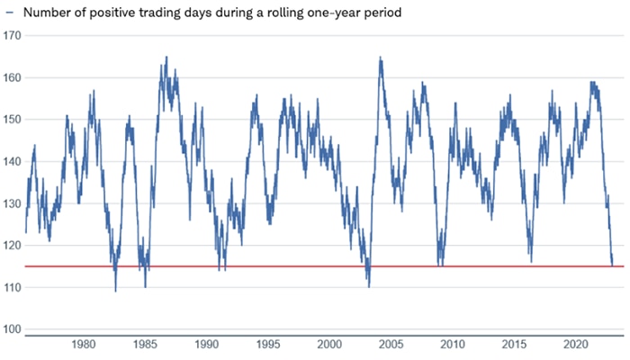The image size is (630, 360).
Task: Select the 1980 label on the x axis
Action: tap(84, 344)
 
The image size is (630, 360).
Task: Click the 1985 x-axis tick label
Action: tap(145, 344)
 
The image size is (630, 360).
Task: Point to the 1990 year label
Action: tap(207, 344)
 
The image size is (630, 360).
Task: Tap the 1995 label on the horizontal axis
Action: tap(268, 344)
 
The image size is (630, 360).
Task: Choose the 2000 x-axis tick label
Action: tap(329, 344)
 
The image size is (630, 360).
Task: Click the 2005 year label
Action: tap(391, 344)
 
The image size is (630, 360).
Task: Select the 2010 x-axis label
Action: tap(453, 344)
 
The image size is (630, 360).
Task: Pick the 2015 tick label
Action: tap(514, 344)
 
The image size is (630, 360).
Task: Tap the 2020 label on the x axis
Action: tap(576, 344)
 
